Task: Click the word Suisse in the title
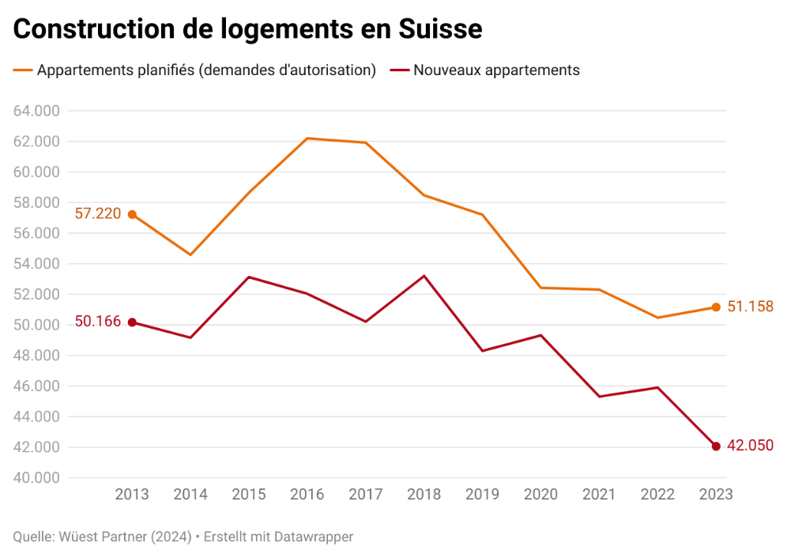(440, 29)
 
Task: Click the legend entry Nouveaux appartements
(496, 70)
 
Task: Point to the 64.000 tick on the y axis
(37, 111)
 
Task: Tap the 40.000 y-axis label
(37, 478)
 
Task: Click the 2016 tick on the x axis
(307, 495)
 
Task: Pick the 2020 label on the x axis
(540, 495)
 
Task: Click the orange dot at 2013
(132, 214)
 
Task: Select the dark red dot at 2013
(132, 322)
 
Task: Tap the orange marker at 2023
(716, 307)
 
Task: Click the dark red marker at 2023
(716, 447)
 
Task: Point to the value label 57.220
(98, 213)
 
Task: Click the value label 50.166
(98, 322)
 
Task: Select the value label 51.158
(750, 307)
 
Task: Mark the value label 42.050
(750, 447)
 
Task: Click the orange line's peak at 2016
(307, 138)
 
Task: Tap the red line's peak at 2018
(424, 276)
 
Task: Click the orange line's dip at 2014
(190, 254)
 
